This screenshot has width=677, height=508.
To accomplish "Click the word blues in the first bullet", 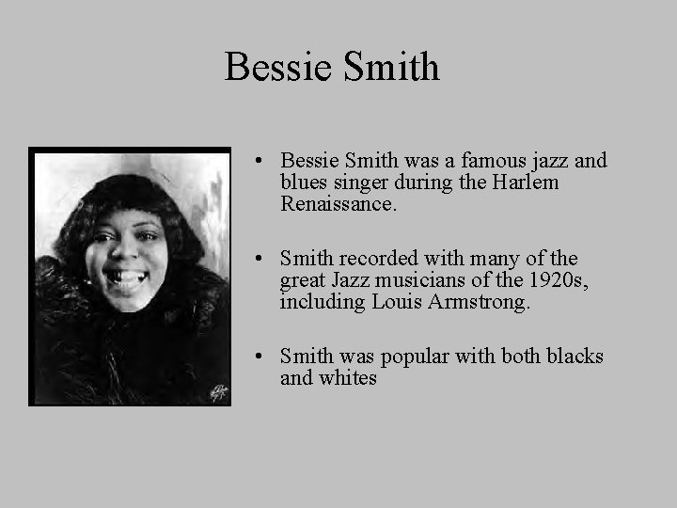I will coord(304,182).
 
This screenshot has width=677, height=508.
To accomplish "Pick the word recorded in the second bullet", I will coord(379,258).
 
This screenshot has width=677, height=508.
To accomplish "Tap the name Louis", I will coord(395,301).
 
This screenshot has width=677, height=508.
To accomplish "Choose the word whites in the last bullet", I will coord(347,378).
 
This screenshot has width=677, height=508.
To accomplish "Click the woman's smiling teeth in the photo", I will coord(128,278).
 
